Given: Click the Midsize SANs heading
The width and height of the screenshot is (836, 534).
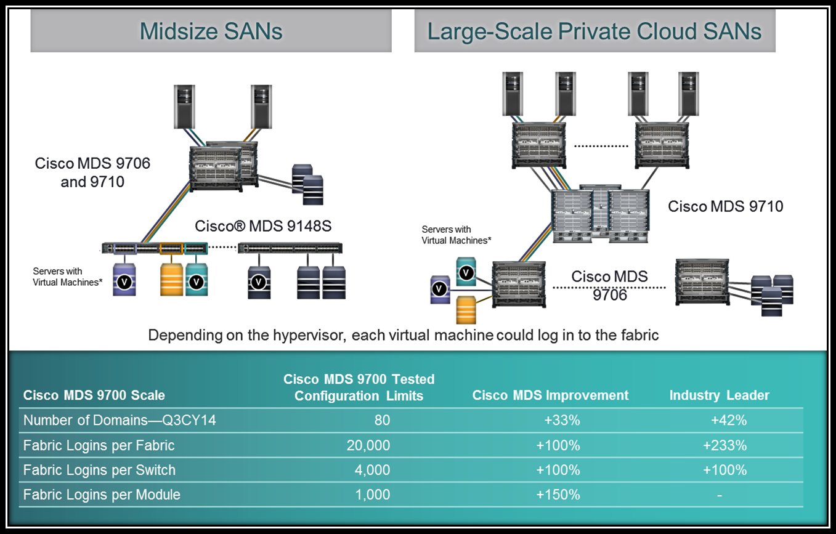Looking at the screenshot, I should [x=211, y=31].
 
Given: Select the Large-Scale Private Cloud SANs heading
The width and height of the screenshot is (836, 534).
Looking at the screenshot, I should [x=595, y=31].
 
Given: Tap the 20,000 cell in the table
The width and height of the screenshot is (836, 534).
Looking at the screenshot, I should [x=368, y=445].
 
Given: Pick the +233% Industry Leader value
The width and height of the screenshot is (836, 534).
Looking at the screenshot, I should [x=724, y=445].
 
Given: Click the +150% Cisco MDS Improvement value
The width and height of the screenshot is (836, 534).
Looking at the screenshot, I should [x=558, y=495].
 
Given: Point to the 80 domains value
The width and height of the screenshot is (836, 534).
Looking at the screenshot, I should [x=382, y=421].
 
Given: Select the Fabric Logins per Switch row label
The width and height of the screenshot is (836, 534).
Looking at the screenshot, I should [x=99, y=470].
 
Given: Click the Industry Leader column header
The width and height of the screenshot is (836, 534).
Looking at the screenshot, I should [x=719, y=395].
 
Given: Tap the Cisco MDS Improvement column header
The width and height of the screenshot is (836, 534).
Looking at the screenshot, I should [x=550, y=395].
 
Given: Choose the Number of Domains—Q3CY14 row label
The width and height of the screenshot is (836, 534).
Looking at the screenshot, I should [x=120, y=421].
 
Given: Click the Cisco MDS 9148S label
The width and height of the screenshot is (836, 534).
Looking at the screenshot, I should [x=263, y=226].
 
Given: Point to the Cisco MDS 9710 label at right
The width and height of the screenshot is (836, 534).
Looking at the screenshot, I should [x=725, y=206].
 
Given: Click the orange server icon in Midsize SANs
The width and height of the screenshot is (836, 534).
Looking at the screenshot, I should [x=172, y=280].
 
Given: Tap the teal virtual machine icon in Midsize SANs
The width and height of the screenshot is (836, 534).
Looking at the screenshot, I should [x=197, y=280].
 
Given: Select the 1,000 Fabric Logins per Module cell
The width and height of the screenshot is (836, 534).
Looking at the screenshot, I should [x=373, y=495].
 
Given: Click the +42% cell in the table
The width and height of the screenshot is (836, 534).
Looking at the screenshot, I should [x=728, y=421].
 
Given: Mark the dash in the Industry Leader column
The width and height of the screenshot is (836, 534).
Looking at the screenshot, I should [x=720, y=495].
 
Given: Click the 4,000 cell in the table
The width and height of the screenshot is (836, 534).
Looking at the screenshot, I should [x=373, y=470].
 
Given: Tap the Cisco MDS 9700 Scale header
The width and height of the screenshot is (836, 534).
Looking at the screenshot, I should [x=94, y=395].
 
